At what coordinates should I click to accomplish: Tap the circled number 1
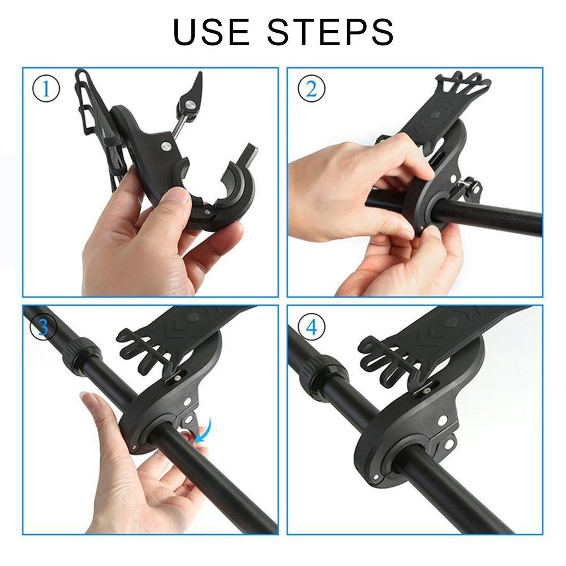click(46, 89)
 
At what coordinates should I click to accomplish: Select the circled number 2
click(311, 88)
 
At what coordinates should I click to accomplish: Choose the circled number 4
click(311, 327)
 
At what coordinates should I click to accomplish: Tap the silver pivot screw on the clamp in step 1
click(166, 146)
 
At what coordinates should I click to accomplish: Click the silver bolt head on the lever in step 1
click(189, 105)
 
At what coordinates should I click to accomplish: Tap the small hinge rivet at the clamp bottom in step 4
click(375, 478)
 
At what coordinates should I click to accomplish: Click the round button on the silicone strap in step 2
click(435, 115)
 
